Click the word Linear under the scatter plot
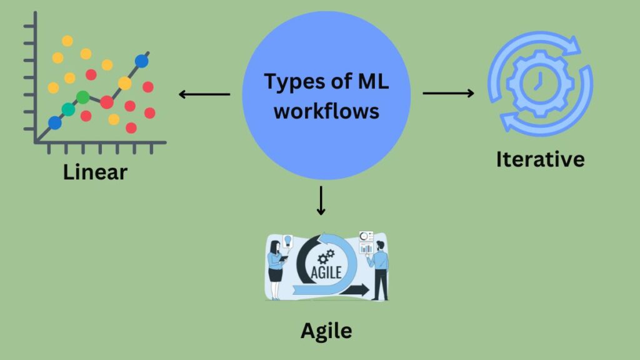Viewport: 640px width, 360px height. point(95,172)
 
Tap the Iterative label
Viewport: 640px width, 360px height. point(540,159)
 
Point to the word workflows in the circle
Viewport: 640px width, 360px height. point(326,111)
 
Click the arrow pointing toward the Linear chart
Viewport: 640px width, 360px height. point(204,95)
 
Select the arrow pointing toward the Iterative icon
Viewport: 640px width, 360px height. point(448,93)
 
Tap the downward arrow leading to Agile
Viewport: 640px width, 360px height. point(321,200)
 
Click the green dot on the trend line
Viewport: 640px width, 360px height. point(82,97)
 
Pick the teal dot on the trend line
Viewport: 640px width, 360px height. point(68,110)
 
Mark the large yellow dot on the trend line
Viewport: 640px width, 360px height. point(125,83)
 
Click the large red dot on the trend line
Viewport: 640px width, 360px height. point(107,101)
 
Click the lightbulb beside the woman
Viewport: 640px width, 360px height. point(288,240)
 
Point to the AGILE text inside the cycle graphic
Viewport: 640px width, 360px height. point(326,270)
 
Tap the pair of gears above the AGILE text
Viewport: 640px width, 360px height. point(325,257)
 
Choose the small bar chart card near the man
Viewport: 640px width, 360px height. point(366,249)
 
